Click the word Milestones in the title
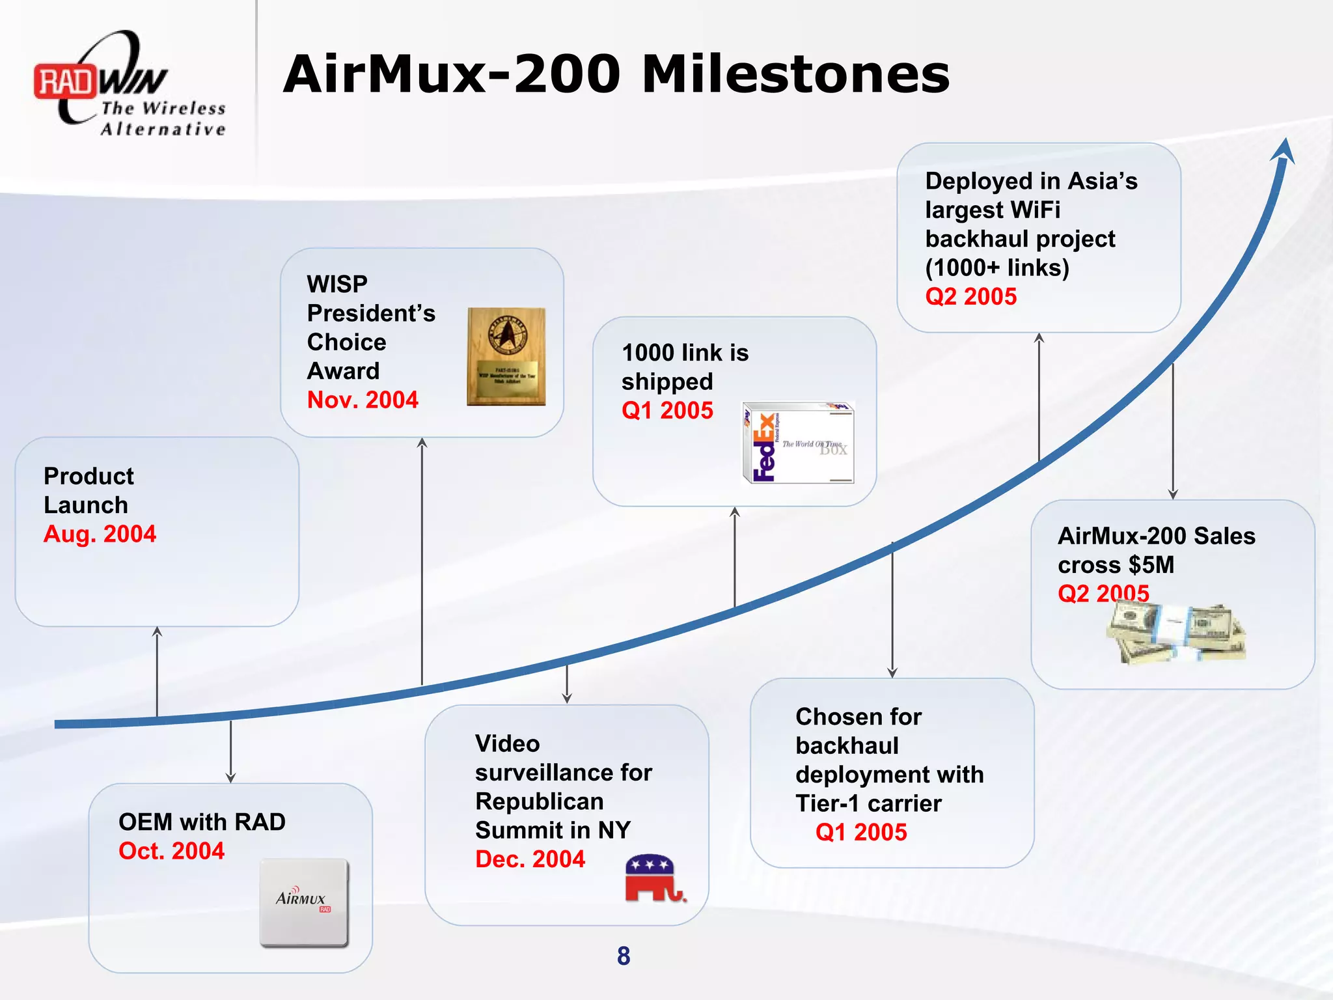click(x=795, y=74)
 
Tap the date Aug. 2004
click(x=100, y=534)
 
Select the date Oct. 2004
click(x=171, y=851)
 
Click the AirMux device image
click(x=304, y=902)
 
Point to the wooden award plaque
click(x=506, y=357)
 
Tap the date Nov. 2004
click(x=363, y=400)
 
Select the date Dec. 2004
click(x=530, y=859)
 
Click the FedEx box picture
click(x=798, y=443)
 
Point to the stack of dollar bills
click(x=1175, y=633)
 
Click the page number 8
click(x=624, y=956)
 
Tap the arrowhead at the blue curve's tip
click(x=1284, y=151)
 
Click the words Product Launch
click(x=89, y=490)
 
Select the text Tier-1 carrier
click(x=868, y=803)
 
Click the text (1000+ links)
click(x=997, y=268)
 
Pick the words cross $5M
click(x=1116, y=564)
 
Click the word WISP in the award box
click(x=337, y=284)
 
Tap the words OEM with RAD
click(x=202, y=822)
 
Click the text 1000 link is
click(x=685, y=352)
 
